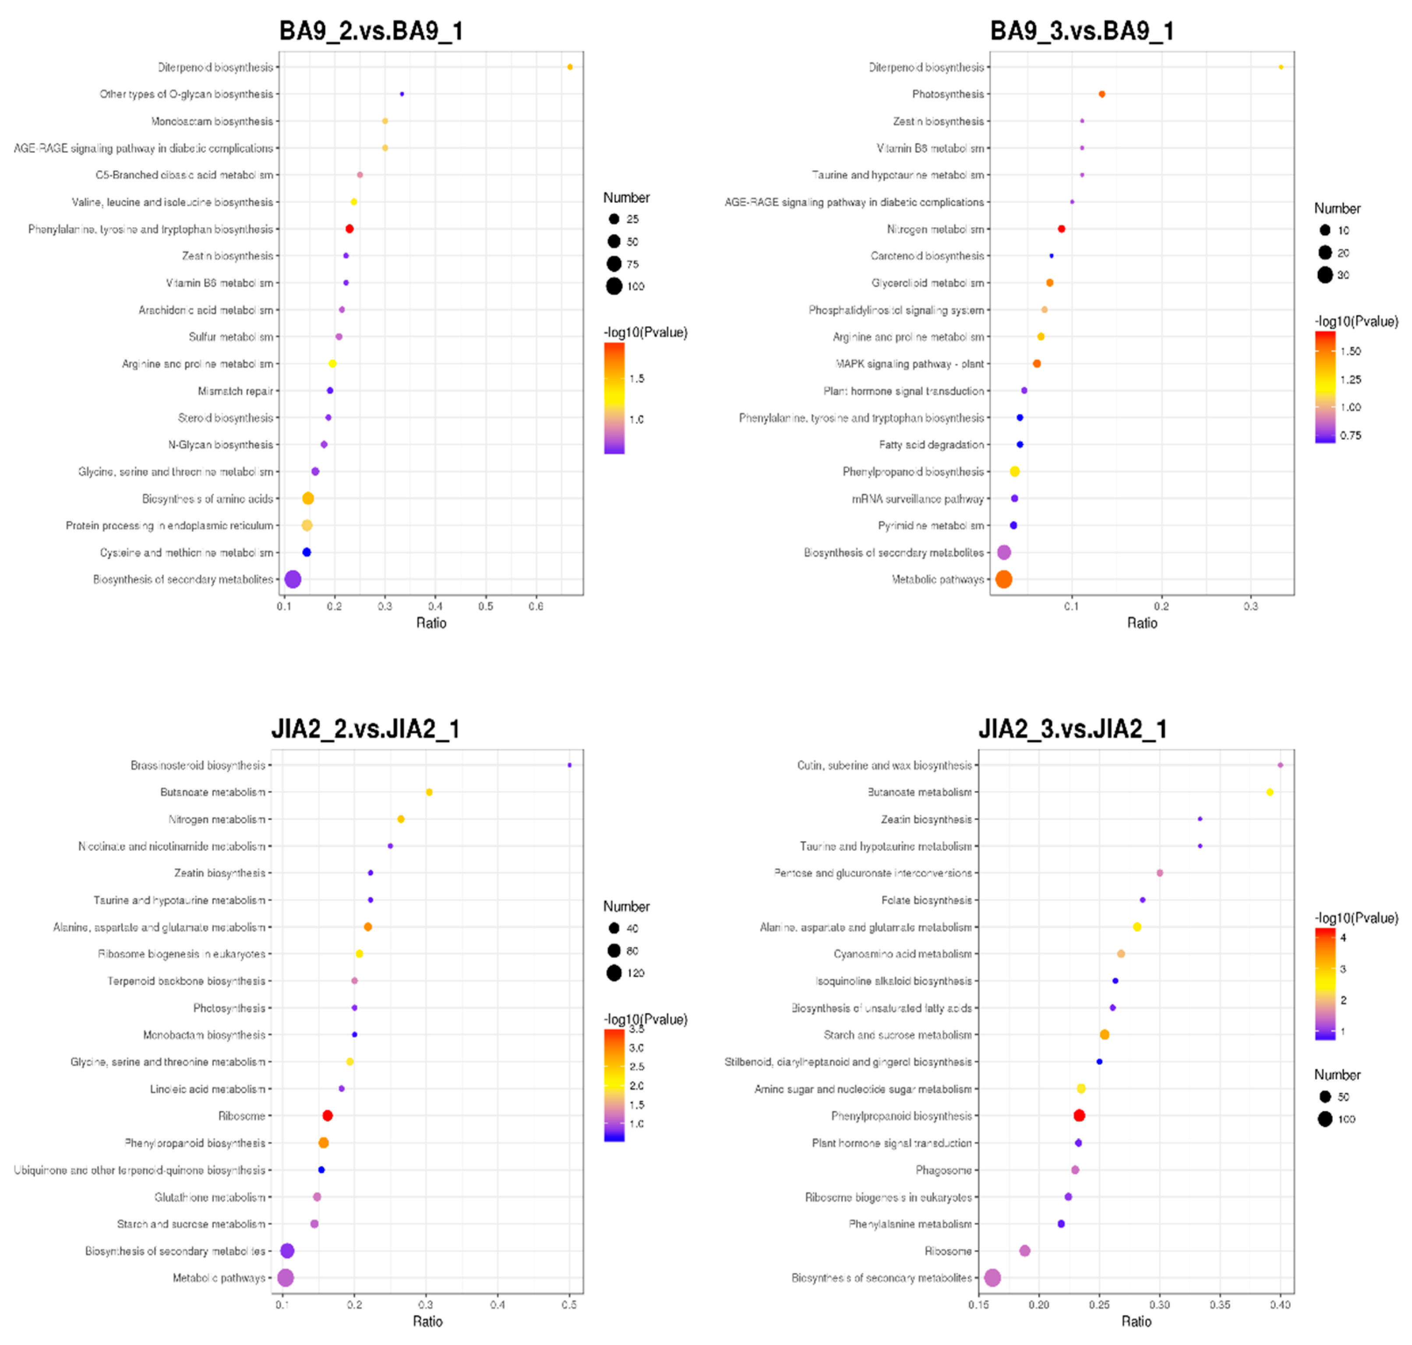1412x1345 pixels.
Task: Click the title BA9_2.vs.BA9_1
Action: (371, 31)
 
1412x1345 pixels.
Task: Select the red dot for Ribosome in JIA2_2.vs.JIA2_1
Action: (327, 1116)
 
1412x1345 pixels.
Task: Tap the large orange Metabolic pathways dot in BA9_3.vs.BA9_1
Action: (1003, 579)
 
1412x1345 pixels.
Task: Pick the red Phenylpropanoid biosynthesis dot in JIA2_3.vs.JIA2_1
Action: (1079, 1116)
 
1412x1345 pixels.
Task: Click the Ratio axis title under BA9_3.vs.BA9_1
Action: (1142, 623)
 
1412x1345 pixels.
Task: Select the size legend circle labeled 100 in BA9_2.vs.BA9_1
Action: (614, 286)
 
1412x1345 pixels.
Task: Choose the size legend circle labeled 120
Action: (614, 973)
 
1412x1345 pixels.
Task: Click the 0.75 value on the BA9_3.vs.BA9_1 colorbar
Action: (1350, 435)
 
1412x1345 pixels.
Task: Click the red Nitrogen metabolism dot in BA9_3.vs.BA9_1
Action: (1061, 229)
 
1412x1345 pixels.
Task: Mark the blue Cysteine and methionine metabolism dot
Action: (306, 552)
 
